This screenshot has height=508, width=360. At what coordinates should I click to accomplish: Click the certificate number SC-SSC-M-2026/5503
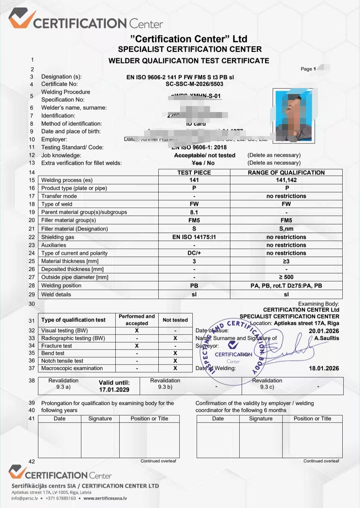[x=194, y=84]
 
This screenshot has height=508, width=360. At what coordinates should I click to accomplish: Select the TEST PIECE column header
[x=194, y=172]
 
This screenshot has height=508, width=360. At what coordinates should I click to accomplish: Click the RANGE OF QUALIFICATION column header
[x=286, y=172]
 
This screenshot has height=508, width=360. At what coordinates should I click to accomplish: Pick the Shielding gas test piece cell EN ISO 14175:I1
[x=194, y=237]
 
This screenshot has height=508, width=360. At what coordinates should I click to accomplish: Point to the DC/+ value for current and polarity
[x=194, y=253]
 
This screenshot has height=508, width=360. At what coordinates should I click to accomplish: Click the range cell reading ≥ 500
[x=286, y=277]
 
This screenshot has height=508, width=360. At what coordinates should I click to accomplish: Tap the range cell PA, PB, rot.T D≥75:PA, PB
[x=286, y=286]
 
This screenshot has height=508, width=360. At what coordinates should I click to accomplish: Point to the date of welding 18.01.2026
[x=324, y=368]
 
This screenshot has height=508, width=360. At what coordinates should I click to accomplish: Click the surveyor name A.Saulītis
[x=326, y=338]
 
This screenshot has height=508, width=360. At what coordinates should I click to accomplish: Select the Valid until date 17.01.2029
[x=114, y=390]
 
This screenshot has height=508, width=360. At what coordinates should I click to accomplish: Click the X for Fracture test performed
[x=137, y=346]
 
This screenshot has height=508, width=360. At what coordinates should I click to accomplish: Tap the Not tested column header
[x=175, y=320]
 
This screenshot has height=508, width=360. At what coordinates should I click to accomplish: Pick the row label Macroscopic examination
[x=72, y=368]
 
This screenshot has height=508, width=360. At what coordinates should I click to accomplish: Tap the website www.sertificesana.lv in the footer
[x=105, y=498]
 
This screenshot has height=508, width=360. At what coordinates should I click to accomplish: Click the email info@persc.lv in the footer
[x=25, y=498]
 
